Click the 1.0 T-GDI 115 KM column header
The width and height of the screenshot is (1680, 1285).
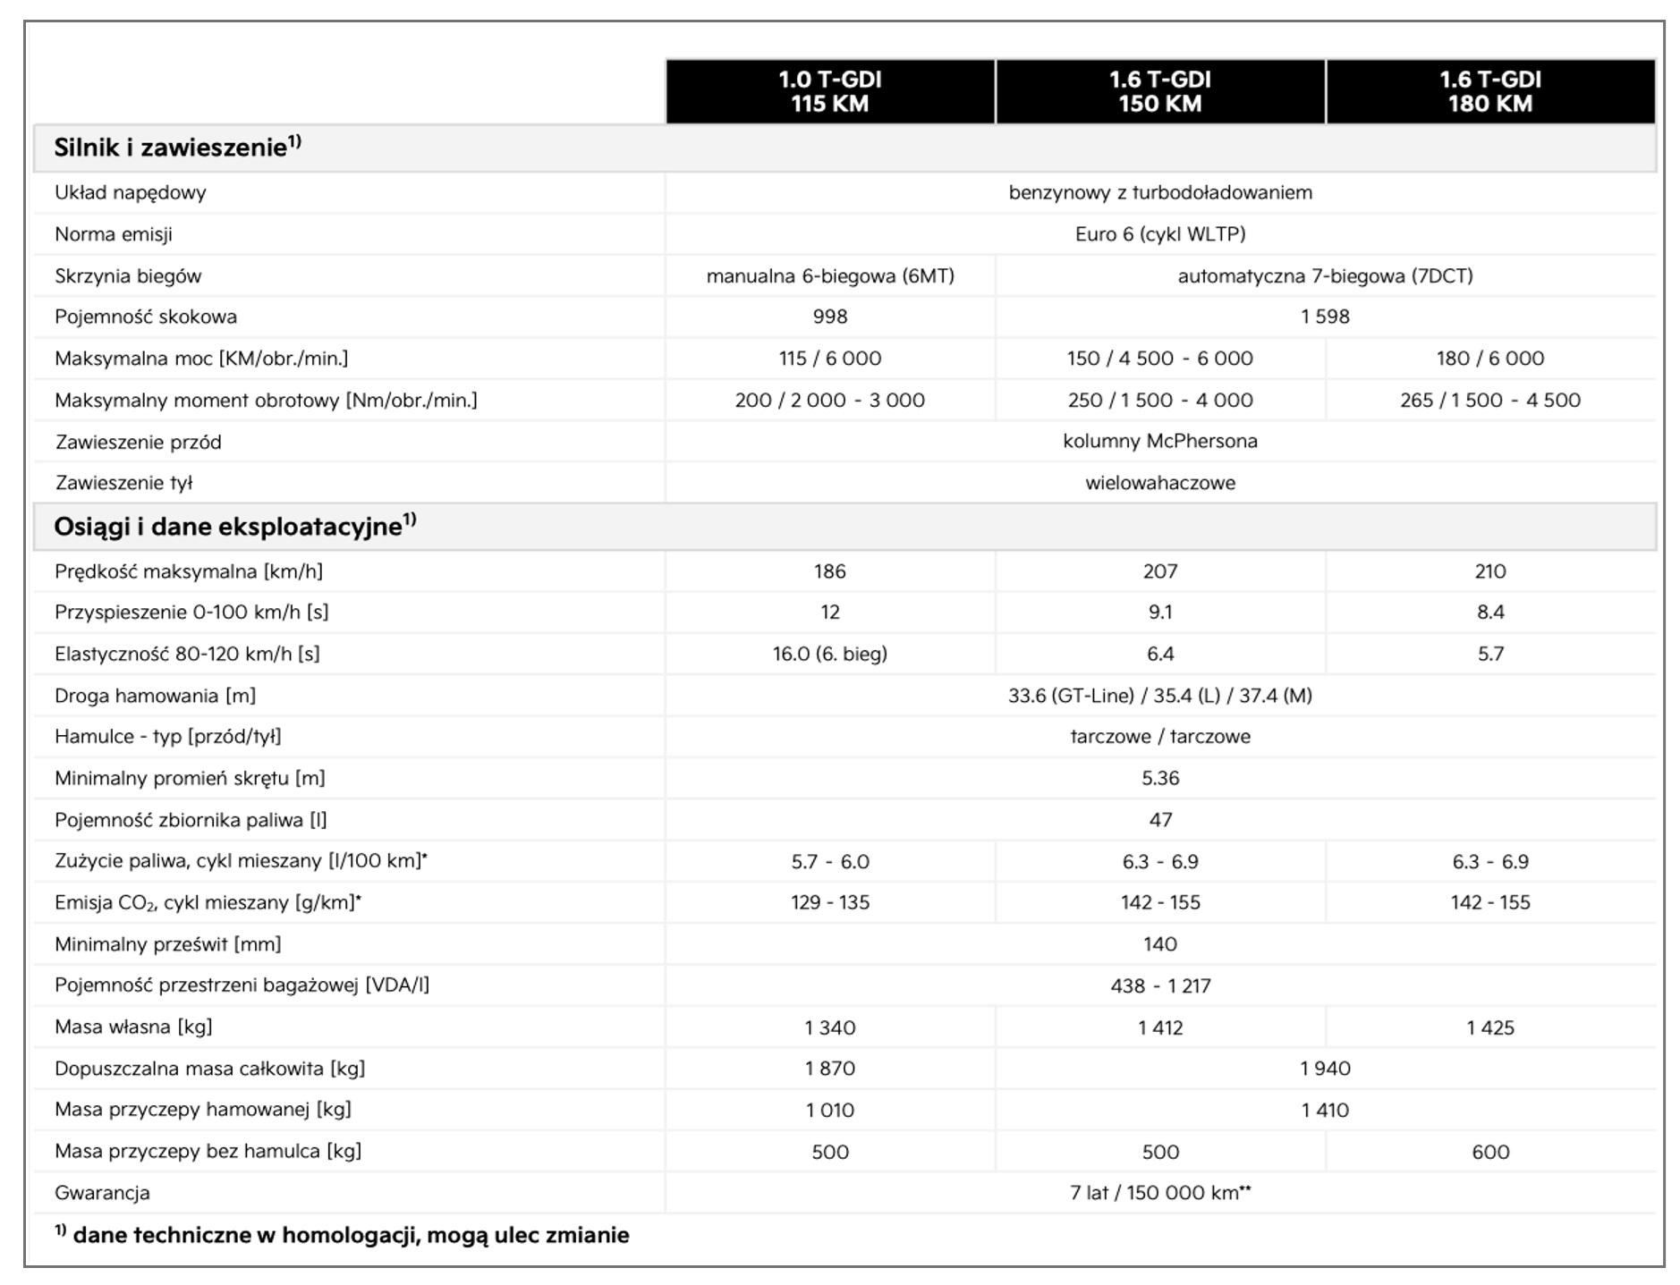coord(829,91)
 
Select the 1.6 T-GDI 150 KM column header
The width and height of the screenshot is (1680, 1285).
coord(1159,91)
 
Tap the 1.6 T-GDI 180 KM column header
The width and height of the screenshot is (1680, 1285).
coord(1489,91)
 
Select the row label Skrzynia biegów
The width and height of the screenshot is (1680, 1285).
coord(128,275)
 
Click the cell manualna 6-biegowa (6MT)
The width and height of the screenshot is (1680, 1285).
coord(829,275)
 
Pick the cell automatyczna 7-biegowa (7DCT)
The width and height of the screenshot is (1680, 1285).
coord(1324,275)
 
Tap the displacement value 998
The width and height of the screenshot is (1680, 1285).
coord(829,317)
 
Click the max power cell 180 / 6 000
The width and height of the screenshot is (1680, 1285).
coord(1489,359)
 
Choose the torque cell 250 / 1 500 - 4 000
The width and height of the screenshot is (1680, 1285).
coord(1159,400)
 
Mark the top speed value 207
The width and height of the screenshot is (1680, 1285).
coord(1159,571)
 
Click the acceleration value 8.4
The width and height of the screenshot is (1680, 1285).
coord(1489,613)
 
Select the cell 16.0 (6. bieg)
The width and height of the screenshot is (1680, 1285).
coord(829,654)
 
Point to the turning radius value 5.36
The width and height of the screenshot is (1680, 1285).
coord(1159,778)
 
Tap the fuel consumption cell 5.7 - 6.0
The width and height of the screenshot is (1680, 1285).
coord(829,861)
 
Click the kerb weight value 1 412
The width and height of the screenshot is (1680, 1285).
coord(1159,1027)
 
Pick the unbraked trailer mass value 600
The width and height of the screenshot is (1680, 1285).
coord(1489,1152)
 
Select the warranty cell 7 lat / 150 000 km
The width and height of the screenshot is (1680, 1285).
coord(1159,1193)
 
